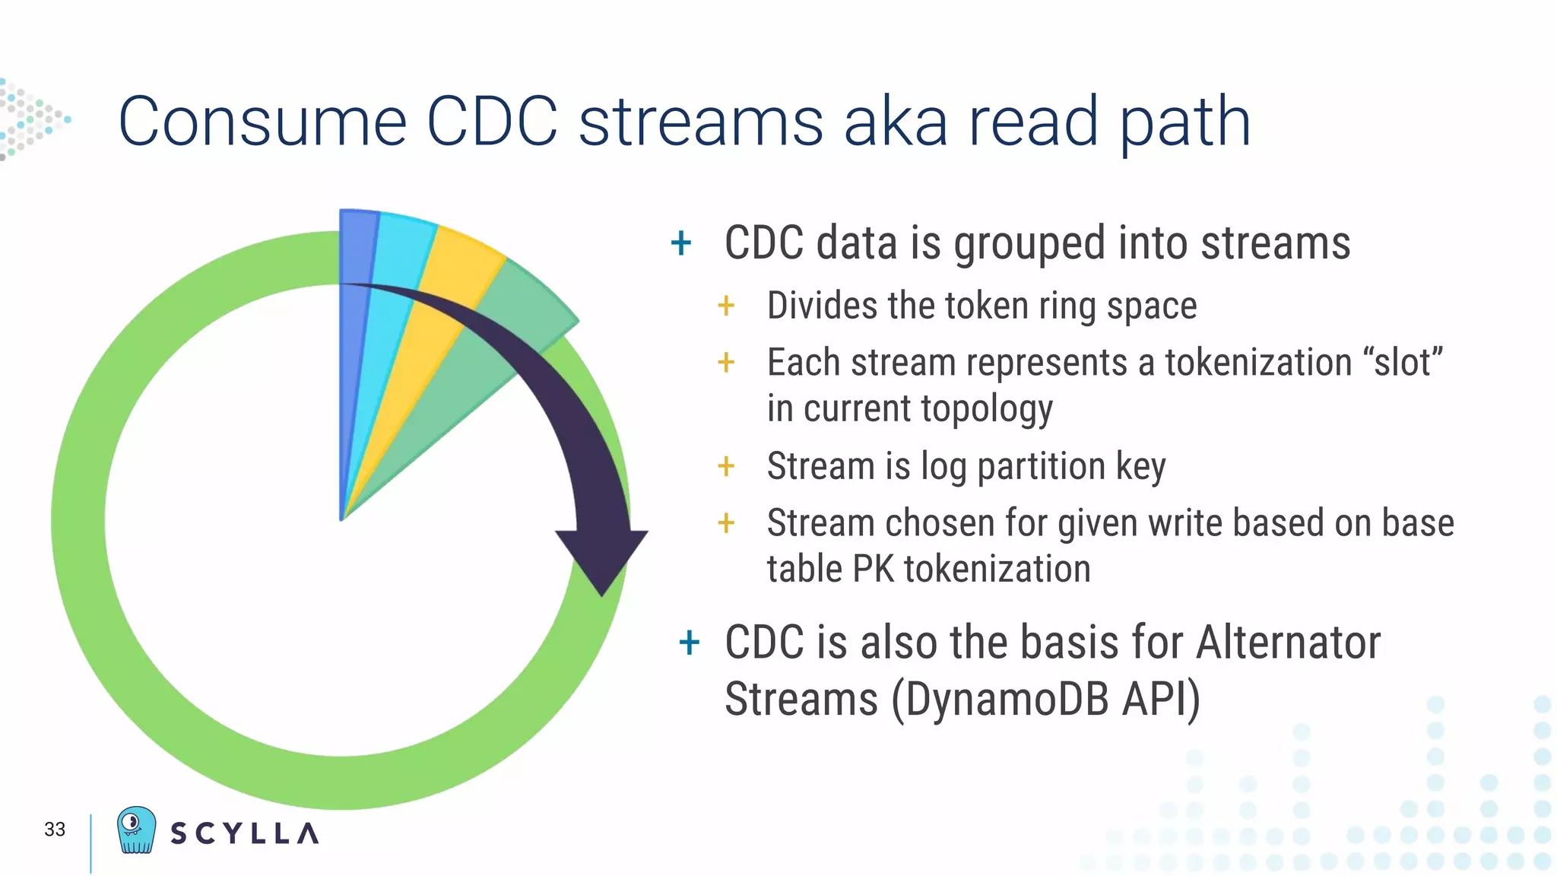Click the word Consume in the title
pyautogui.click(x=262, y=122)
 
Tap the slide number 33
pyautogui.click(x=55, y=830)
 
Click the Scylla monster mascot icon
pyautogui.click(x=136, y=830)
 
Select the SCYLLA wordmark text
pyautogui.click(x=244, y=833)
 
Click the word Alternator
pyautogui.click(x=1288, y=643)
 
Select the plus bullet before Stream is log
pyautogui.click(x=726, y=466)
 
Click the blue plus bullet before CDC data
pyautogui.click(x=681, y=243)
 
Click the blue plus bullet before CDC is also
pyautogui.click(x=689, y=643)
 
